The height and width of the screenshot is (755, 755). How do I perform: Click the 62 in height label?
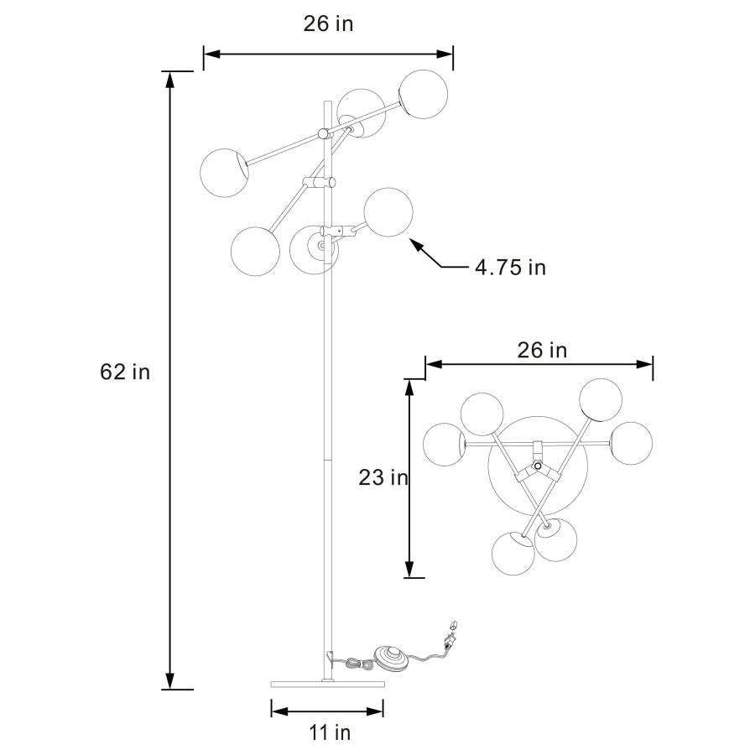point(125,372)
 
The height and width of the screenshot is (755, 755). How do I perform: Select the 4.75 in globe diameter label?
point(510,268)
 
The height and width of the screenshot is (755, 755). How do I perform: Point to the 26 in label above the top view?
point(541,350)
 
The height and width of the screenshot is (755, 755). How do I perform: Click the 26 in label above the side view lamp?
point(328,23)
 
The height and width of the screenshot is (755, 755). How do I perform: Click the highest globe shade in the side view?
point(424,93)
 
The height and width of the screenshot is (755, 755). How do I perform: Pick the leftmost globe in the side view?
point(224,172)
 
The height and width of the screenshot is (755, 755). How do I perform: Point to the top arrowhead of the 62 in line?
point(170,78)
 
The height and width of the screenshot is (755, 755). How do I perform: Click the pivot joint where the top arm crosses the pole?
point(324,133)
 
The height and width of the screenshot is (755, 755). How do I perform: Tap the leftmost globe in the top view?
point(445,445)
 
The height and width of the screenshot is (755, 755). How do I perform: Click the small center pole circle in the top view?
point(537,454)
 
